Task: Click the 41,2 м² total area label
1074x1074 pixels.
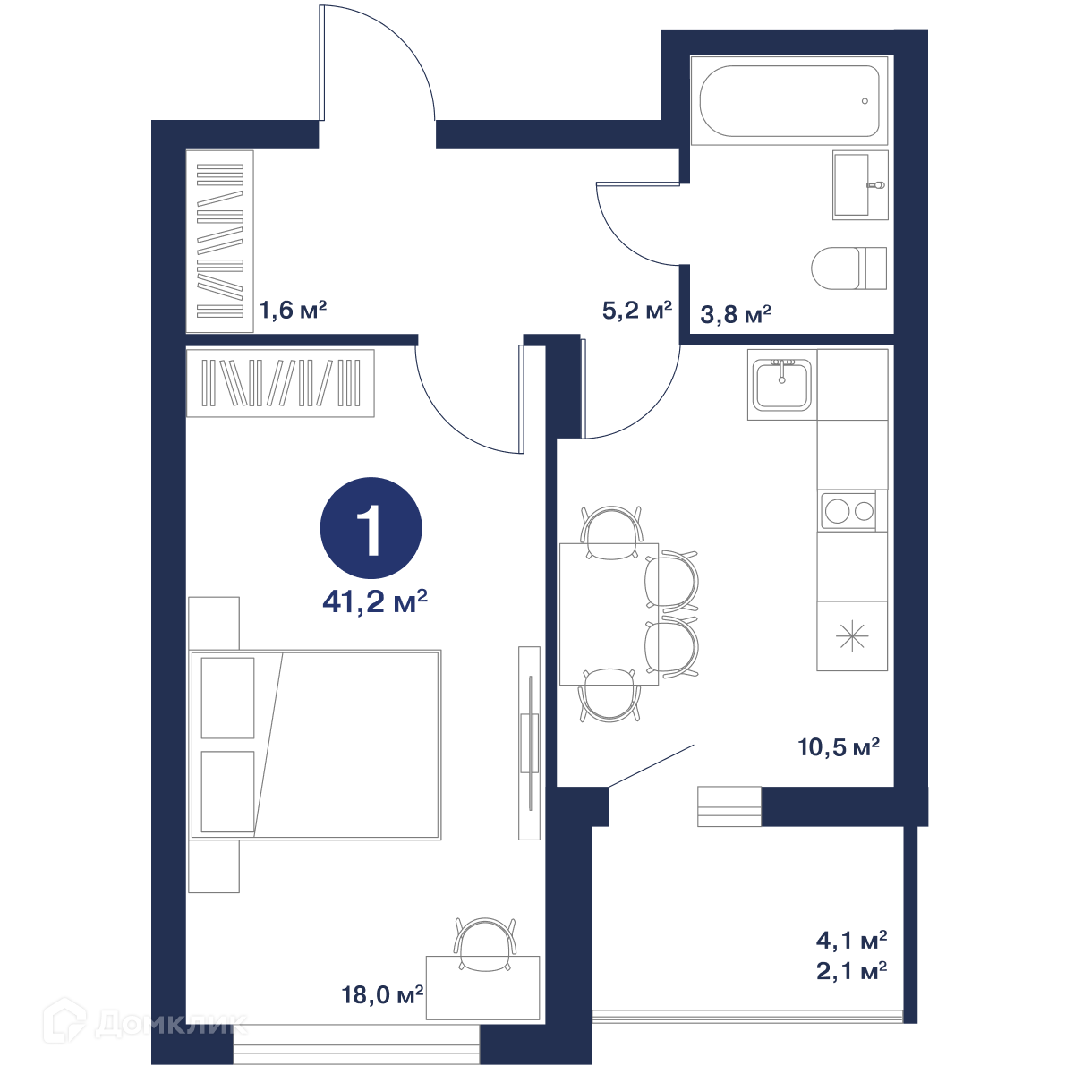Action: click(x=374, y=601)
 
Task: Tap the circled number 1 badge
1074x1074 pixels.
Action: click(x=371, y=528)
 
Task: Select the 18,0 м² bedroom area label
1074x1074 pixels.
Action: click(x=382, y=994)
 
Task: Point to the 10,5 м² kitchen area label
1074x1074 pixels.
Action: click(x=839, y=746)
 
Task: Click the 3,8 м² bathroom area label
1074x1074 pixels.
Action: click(x=736, y=315)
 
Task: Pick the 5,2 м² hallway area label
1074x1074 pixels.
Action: click(x=637, y=310)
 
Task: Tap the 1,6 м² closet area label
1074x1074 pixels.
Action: click(x=294, y=310)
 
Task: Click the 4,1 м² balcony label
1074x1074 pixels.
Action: click(x=852, y=941)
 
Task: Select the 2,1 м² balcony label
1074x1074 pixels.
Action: click(x=852, y=971)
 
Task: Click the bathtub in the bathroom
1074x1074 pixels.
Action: click(x=789, y=101)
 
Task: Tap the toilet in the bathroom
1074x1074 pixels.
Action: click(x=848, y=268)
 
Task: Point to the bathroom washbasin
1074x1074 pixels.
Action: click(x=860, y=184)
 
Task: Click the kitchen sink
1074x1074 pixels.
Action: click(x=782, y=385)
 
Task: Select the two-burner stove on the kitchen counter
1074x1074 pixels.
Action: click(x=848, y=510)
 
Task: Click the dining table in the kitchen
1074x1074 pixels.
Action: click(x=609, y=614)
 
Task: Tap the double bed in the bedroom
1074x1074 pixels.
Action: click(x=315, y=745)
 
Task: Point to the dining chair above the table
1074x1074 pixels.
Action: click(x=611, y=531)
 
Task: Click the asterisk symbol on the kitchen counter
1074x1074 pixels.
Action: click(x=852, y=636)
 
